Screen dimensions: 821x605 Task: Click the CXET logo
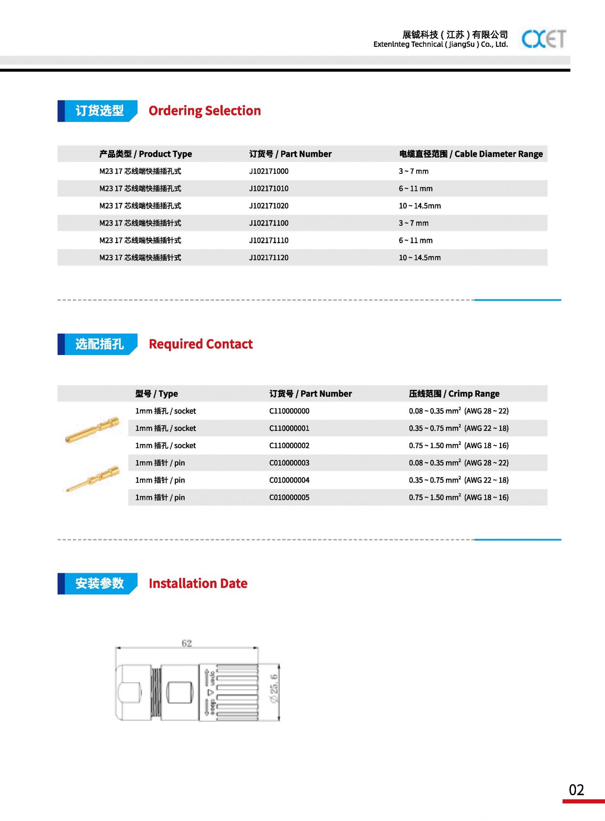pos(543,39)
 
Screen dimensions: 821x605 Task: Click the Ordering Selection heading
pos(204,111)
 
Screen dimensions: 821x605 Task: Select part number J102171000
pos(269,171)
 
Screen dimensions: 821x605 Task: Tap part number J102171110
pos(269,240)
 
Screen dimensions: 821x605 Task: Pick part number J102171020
pos(269,206)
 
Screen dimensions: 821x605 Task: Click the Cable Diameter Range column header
pos(470,154)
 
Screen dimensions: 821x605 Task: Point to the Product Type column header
pos(146,154)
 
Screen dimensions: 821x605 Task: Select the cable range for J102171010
pos(415,188)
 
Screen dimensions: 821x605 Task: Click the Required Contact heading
pos(200,344)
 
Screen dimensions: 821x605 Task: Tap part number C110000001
pos(289,428)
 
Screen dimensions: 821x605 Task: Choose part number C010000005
pos(289,497)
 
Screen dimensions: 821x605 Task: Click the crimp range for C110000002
pos(459,445)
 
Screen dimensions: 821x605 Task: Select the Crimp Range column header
pos(454,393)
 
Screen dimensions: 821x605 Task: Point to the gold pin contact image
pos(93,478)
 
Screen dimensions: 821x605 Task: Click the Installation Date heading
pos(198,583)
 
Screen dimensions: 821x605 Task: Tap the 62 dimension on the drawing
pos(186,643)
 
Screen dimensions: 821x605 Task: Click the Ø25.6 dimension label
pos(274,688)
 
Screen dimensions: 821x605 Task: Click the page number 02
pos(576,790)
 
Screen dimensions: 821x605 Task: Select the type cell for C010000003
pos(160,463)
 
